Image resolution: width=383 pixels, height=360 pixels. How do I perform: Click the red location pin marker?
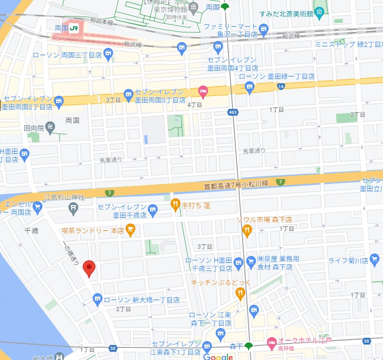click(x=89, y=268)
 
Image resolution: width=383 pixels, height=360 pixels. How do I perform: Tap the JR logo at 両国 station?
click(x=74, y=29)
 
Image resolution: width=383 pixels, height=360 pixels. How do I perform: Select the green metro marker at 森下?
click(x=248, y=345)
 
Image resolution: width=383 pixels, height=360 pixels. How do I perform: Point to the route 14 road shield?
click(x=281, y=87)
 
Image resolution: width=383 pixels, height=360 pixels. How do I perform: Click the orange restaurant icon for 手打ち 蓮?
click(x=175, y=205)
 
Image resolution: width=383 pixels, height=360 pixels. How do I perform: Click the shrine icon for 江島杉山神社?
click(x=74, y=209)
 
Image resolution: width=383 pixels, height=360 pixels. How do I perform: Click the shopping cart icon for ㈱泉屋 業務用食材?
click(x=251, y=262)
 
